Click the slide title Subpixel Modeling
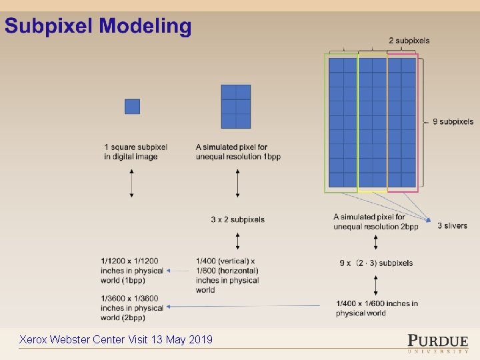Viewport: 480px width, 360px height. (98, 27)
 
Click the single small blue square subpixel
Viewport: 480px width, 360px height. (132, 107)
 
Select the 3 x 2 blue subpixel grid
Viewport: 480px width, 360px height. (236, 107)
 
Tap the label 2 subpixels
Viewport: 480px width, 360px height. (409, 41)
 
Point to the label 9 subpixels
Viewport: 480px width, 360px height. (452, 122)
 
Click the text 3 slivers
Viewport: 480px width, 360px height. (452, 226)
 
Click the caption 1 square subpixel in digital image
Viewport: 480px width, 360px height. (135, 152)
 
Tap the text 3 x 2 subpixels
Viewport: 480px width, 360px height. (237, 219)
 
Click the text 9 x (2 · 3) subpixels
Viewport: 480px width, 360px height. (376, 263)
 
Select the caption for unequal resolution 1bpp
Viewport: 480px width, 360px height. (238, 152)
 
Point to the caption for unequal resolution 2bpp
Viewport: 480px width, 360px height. (376, 221)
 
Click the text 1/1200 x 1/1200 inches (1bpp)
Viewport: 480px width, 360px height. (132, 271)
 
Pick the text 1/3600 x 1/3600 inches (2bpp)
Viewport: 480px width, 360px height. (132, 308)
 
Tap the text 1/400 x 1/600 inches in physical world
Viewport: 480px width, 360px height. (377, 308)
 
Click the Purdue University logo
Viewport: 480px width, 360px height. (437, 342)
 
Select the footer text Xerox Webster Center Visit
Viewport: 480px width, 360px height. (116, 340)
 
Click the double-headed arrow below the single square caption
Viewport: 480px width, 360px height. (131, 183)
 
